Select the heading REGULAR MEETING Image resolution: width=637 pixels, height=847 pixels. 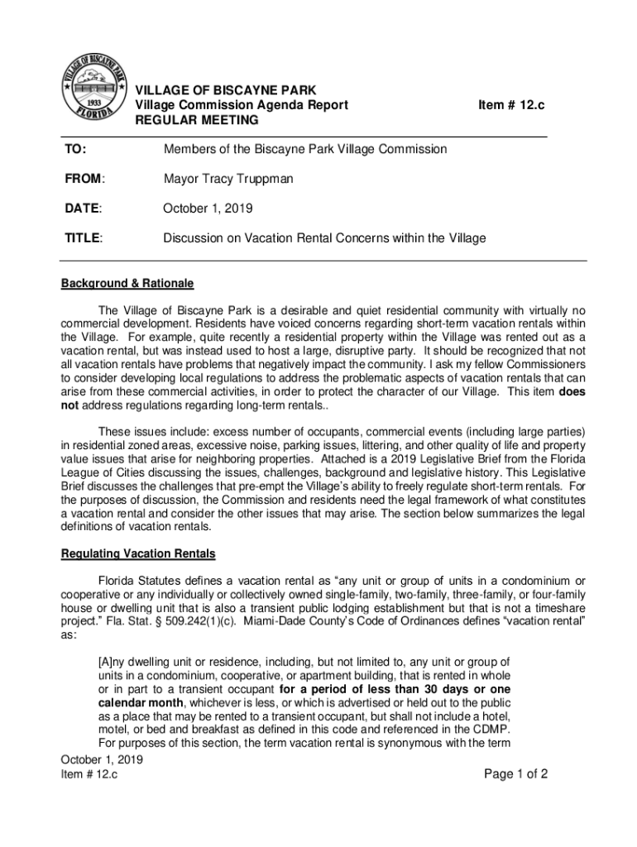tap(196, 121)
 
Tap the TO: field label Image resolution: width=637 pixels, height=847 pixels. tap(75, 149)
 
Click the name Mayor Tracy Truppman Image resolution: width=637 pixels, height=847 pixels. tap(227, 178)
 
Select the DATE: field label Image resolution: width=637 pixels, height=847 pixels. tap(82, 208)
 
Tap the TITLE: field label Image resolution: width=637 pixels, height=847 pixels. tap(84, 238)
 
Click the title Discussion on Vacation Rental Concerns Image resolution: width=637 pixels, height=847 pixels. tap(323, 238)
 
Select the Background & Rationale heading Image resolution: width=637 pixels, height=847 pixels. tap(127, 284)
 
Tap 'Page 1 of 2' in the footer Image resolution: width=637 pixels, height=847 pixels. tap(516, 775)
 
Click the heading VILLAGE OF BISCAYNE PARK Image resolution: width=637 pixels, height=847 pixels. tap(225, 89)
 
